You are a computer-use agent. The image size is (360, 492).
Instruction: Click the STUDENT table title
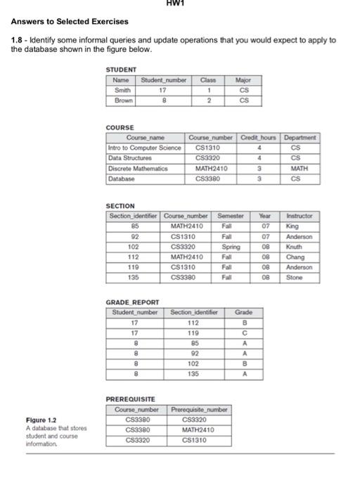(121, 70)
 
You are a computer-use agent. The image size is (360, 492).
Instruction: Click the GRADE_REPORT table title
(131, 302)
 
